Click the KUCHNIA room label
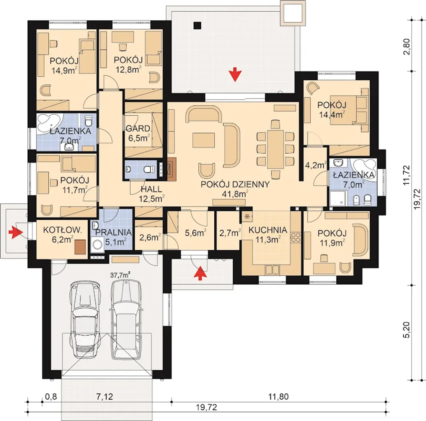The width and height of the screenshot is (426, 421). [x=268, y=230]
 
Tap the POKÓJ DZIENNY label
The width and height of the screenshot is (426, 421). [x=235, y=184]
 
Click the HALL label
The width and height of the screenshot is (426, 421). [x=151, y=189]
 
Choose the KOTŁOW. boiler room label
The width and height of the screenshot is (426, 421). [x=63, y=230]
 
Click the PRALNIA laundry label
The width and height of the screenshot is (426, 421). [x=113, y=232]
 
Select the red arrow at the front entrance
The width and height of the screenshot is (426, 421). [x=200, y=273]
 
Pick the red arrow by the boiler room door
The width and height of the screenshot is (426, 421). [x=16, y=232]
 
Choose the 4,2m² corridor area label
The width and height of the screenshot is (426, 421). [x=316, y=165]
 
